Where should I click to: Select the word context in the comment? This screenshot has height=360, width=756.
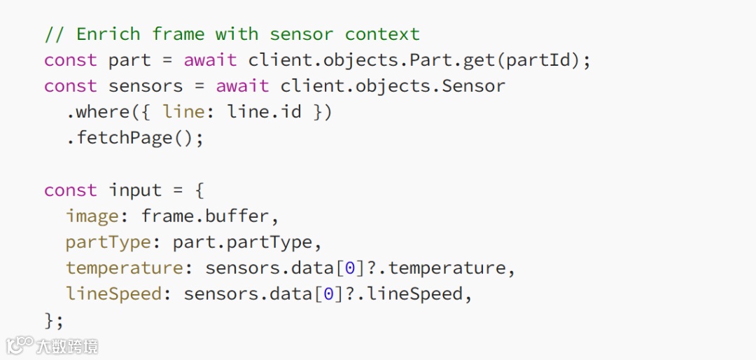(x=382, y=34)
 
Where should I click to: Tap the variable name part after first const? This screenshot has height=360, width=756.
(x=129, y=60)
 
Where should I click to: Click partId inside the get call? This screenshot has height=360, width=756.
(x=538, y=60)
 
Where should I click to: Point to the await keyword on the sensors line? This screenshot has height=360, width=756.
(x=242, y=86)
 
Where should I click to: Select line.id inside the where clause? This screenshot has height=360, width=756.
(x=264, y=112)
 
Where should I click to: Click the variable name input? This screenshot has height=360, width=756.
(x=135, y=191)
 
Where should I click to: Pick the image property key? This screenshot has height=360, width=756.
(x=92, y=216)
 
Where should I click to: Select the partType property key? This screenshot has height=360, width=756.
(x=108, y=242)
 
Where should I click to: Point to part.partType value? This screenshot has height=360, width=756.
(x=242, y=242)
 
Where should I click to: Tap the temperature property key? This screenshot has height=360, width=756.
(x=125, y=268)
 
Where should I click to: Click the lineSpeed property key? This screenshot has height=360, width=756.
(x=114, y=294)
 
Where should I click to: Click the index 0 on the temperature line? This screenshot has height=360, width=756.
(x=350, y=268)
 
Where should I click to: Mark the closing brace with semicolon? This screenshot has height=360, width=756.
(x=54, y=320)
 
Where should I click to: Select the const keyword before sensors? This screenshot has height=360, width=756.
(x=71, y=86)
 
